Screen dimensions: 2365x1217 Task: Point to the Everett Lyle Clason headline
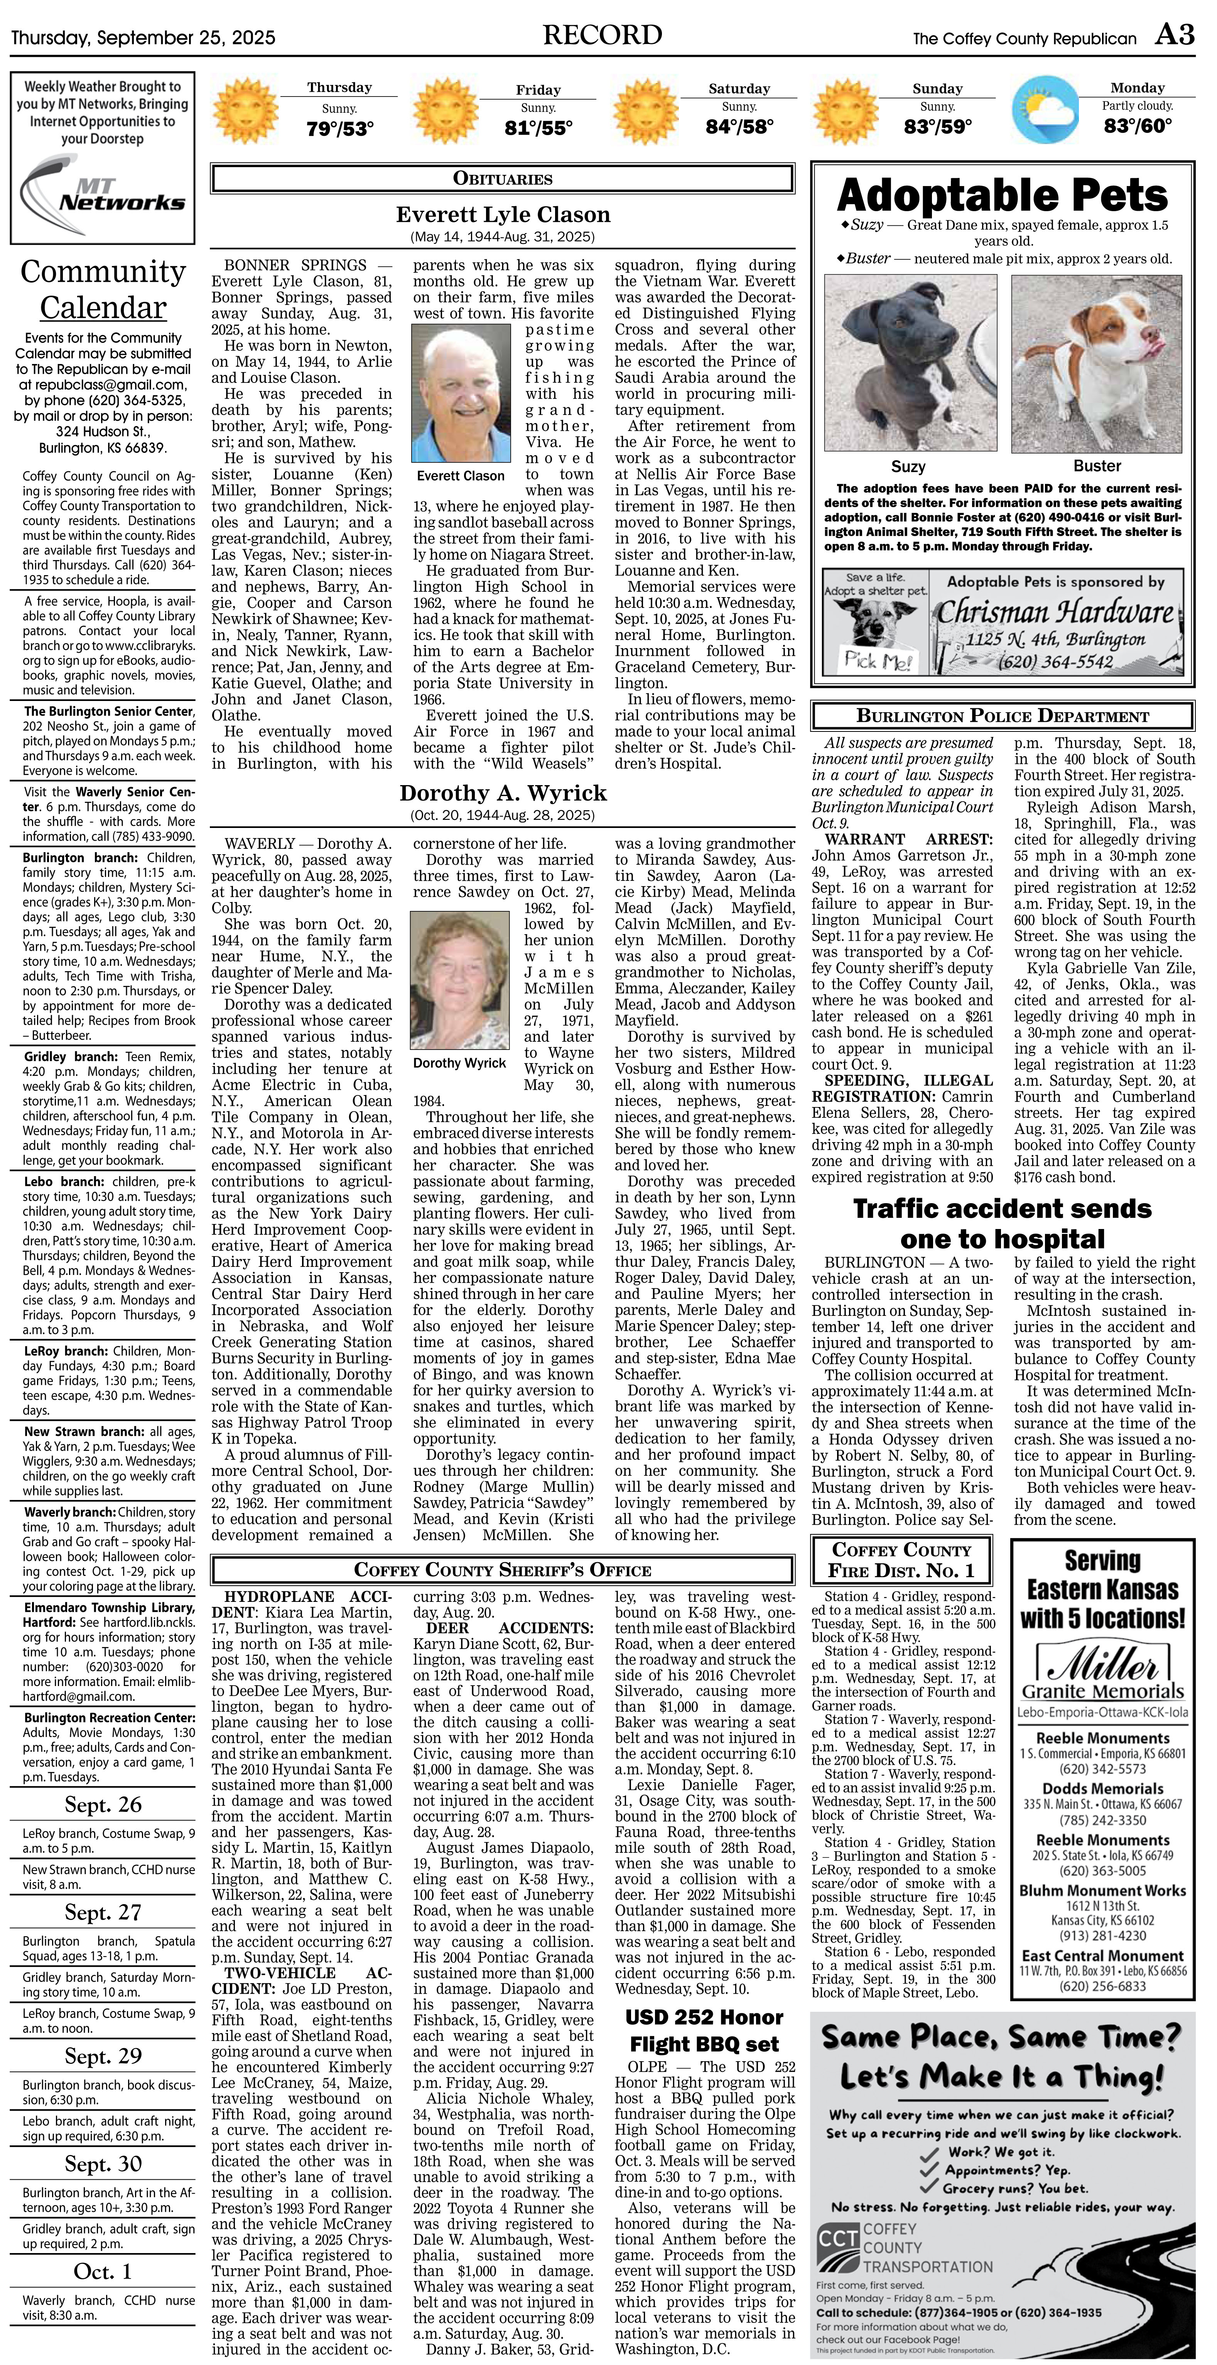pyautogui.click(x=503, y=215)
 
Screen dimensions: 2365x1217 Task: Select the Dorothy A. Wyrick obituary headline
pyautogui.click(x=503, y=793)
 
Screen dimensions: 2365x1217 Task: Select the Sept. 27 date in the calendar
pyautogui.click(x=103, y=1911)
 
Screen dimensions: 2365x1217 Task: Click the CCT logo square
pyautogui.click(x=837, y=2239)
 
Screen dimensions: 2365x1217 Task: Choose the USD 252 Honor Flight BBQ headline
pyautogui.click(x=704, y=2030)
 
